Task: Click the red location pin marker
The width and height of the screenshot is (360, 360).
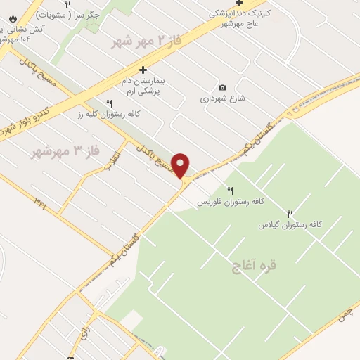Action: coord(181,166)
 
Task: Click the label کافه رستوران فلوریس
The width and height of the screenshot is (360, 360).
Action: coord(230,202)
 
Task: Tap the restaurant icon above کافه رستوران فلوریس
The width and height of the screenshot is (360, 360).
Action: coord(230,191)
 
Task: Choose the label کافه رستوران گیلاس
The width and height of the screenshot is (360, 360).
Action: coord(290,224)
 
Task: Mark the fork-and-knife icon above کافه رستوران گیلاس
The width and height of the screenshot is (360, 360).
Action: coord(290,214)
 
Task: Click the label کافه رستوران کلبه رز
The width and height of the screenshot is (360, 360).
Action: coord(109,114)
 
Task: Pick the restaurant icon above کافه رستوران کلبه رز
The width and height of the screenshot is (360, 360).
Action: coord(109,103)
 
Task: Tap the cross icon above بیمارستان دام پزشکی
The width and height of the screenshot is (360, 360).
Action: coord(143,70)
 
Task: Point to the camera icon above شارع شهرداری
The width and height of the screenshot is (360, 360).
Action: coord(223,87)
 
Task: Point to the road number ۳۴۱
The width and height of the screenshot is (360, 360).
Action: coord(39,202)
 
